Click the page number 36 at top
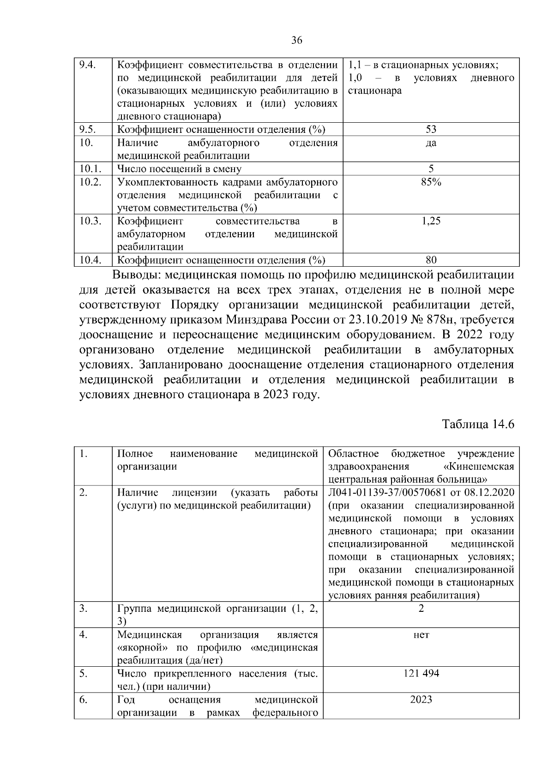click(x=296, y=41)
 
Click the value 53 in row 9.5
click(x=431, y=129)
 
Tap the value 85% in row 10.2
click(x=431, y=182)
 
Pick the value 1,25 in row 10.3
click(x=431, y=221)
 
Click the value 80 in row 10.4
click(x=431, y=260)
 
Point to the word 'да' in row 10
click(x=431, y=143)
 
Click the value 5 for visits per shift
click(x=431, y=169)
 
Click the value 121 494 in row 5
click(x=421, y=673)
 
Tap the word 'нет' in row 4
click(x=421, y=635)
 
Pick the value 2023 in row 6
click(x=421, y=699)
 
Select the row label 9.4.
click(x=87, y=65)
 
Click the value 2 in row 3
click(x=421, y=609)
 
